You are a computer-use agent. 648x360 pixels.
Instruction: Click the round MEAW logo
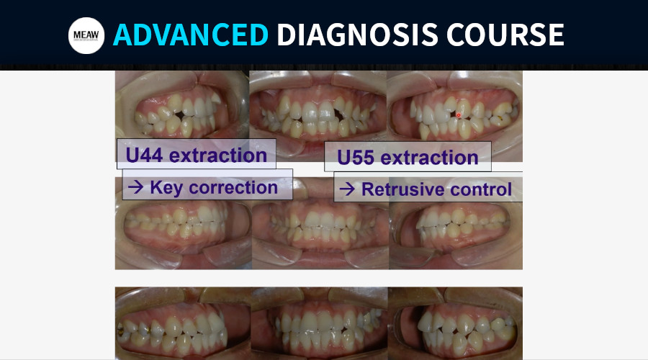(x=86, y=35)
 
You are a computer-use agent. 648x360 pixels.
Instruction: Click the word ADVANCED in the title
(x=191, y=35)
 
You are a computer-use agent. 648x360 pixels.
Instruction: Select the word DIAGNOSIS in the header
(x=357, y=35)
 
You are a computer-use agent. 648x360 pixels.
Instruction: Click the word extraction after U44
(x=217, y=156)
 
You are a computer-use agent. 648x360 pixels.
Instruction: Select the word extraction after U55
(x=429, y=158)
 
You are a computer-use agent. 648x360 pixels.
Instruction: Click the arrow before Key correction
(x=135, y=187)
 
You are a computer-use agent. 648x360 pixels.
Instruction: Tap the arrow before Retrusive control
(x=347, y=189)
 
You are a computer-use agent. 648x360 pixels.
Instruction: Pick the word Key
(x=166, y=188)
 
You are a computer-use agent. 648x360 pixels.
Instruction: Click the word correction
(x=233, y=188)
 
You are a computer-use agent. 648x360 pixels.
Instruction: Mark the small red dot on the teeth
(x=459, y=115)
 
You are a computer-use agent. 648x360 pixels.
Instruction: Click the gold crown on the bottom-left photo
(x=122, y=329)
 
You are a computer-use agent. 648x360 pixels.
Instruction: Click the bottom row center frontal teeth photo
(x=320, y=323)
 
